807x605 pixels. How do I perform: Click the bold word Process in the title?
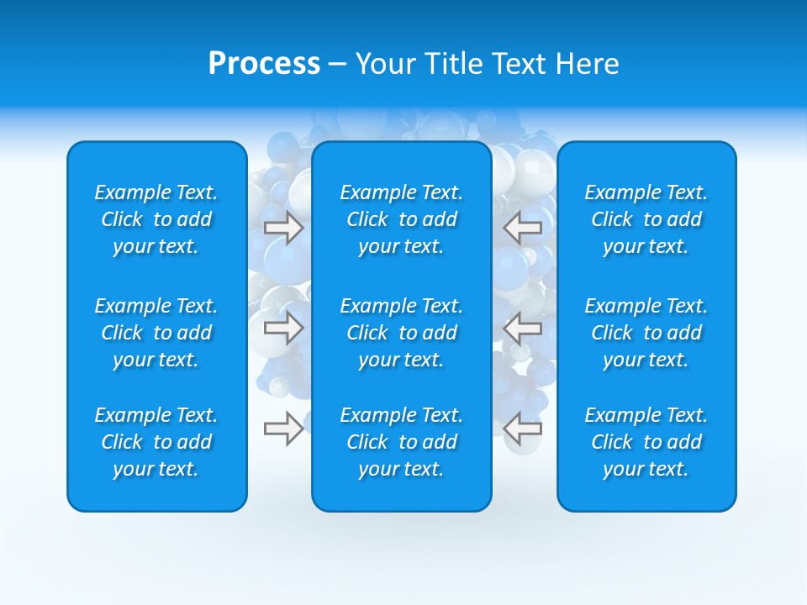[264, 64]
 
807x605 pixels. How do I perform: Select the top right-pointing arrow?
[283, 228]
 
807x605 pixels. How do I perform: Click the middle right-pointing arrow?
[283, 328]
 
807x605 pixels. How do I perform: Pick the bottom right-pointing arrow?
[283, 429]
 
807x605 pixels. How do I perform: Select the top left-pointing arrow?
[522, 228]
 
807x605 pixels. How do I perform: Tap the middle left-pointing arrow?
[522, 328]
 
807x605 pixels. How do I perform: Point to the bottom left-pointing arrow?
[522, 429]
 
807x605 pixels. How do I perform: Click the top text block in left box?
[156, 219]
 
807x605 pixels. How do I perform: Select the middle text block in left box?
[156, 333]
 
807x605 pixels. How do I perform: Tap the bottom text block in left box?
[156, 442]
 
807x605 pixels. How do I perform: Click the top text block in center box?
[401, 219]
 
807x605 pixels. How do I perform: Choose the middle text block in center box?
[401, 333]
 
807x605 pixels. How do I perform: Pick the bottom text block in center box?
[401, 442]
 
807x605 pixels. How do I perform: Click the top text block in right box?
[646, 219]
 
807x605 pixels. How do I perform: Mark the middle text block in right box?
[646, 333]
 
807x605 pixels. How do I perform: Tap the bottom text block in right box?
[646, 442]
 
